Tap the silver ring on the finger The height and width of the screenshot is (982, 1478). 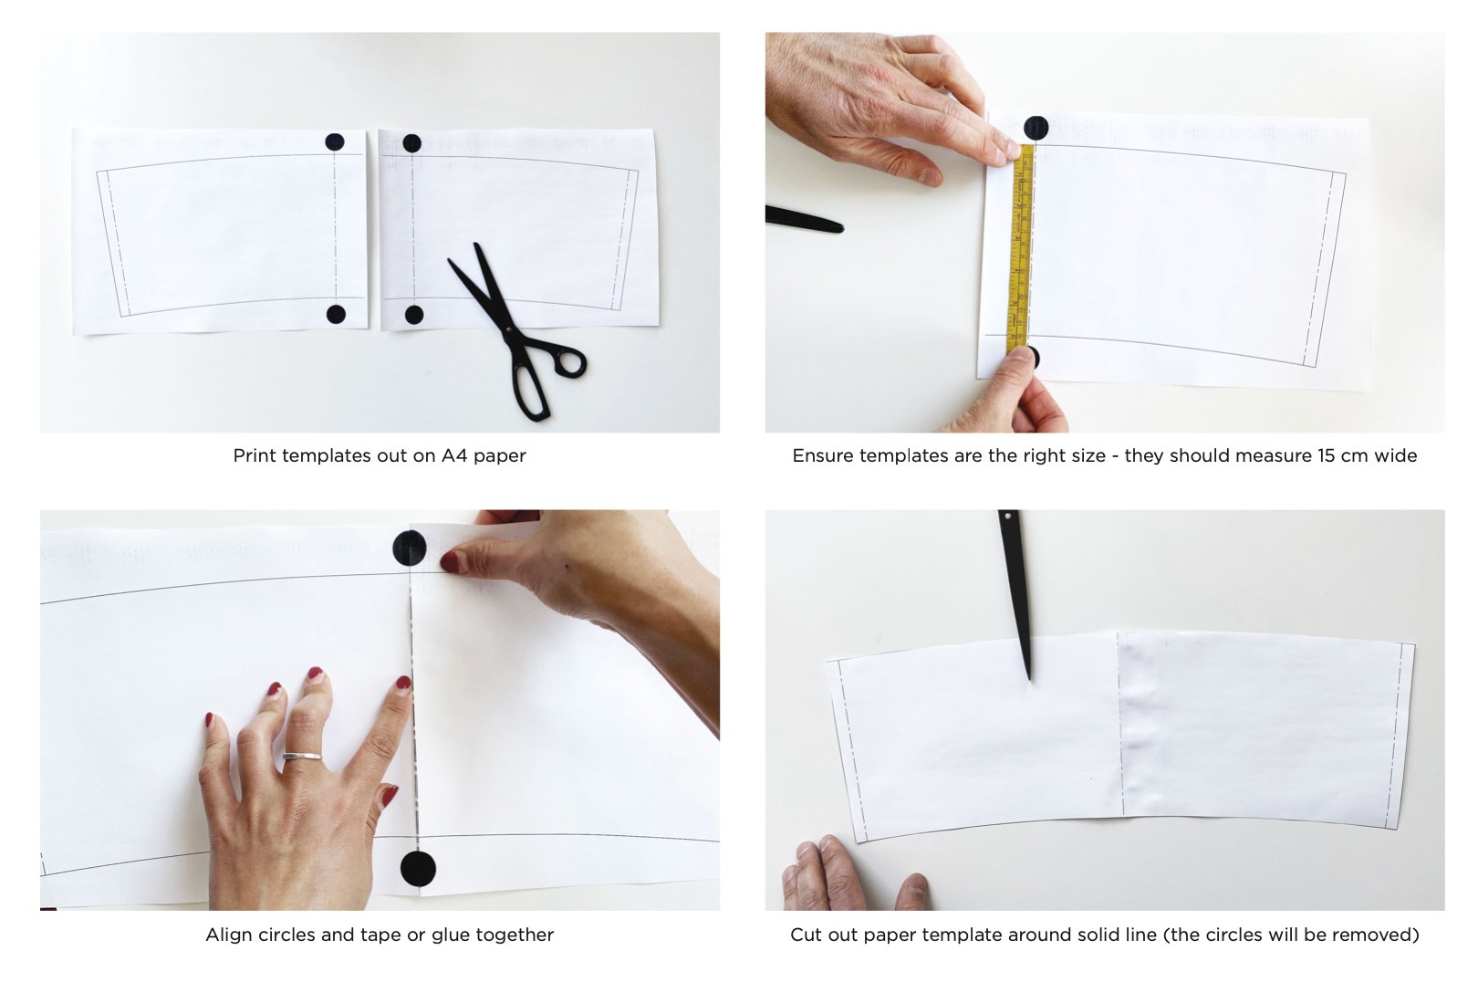[302, 756]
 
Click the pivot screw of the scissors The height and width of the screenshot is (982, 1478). [508, 329]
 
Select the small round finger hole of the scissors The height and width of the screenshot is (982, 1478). [571, 362]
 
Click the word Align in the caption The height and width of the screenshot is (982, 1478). [227, 935]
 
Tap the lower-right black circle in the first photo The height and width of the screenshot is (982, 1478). [413, 315]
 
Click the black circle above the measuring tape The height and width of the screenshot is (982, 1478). [1036, 128]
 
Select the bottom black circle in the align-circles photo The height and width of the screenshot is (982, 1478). [419, 869]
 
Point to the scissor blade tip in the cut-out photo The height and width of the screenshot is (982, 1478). [1029, 679]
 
